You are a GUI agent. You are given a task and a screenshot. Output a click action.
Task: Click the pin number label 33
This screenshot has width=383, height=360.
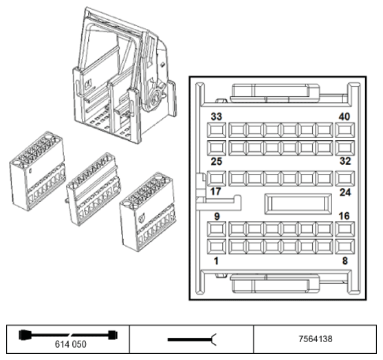217,117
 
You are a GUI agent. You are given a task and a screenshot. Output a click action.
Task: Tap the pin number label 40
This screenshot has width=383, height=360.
344,117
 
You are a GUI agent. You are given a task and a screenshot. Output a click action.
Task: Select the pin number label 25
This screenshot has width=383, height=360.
217,161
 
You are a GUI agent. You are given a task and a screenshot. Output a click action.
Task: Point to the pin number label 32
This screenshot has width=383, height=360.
345,161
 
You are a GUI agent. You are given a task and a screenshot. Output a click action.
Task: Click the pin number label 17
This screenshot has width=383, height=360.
215,192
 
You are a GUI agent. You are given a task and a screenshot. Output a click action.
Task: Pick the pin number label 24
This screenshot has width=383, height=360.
345,192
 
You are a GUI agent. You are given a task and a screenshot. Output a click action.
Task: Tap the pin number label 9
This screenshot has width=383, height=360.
217,216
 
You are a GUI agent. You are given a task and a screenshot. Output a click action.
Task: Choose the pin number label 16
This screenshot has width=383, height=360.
344,216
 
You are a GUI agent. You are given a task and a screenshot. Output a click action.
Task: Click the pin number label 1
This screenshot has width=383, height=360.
216,261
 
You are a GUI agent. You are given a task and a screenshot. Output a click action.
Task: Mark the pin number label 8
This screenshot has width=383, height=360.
345,260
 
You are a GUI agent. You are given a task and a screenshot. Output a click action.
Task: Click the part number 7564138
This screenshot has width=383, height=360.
316,339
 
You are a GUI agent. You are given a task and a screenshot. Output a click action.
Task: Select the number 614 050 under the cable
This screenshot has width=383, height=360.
71,344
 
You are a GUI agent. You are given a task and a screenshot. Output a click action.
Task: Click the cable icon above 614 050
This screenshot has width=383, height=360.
68,335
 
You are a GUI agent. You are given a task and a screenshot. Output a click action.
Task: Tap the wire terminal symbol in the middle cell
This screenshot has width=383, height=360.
192,339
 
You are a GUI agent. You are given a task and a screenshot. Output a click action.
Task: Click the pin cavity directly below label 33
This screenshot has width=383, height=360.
217,131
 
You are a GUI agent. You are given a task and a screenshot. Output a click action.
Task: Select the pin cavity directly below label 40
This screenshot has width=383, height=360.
344,131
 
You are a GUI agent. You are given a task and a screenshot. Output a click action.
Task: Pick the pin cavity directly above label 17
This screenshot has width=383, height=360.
217,179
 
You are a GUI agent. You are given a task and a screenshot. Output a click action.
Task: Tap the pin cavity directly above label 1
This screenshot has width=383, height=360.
217,246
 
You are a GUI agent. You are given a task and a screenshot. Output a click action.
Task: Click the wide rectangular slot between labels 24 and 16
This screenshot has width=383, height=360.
298,204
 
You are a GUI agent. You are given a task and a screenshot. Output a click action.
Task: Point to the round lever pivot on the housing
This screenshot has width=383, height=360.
155,96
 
